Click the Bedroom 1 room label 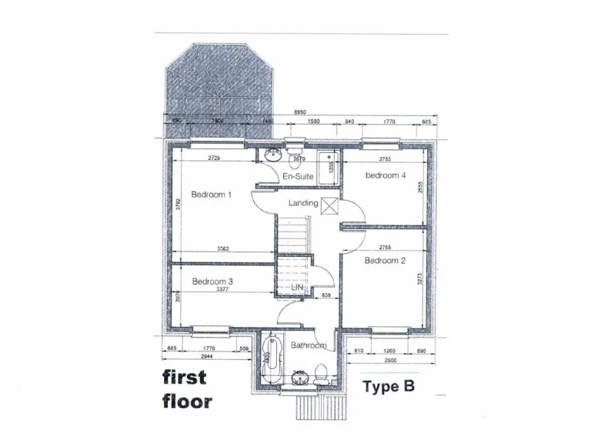tap(212, 195)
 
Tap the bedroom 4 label tap(386, 175)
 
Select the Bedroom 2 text tap(385, 261)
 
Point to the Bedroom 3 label tap(212, 281)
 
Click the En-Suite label tap(298, 177)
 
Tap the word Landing tap(303, 203)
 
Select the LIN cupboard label tap(297, 288)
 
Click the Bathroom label tap(309, 345)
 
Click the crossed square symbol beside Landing tap(330, 205)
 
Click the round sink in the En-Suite tap(271, 155)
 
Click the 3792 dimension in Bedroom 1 tap(178, 205)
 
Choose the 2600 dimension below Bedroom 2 tap(390, 360)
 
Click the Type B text tap(389, 386)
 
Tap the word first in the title tap(184, 377)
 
